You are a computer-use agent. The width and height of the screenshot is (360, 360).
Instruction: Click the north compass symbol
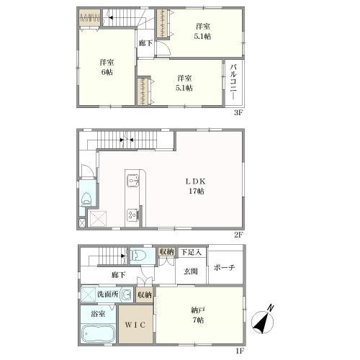(x=263, y=321)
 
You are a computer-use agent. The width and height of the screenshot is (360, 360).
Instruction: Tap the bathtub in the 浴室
(x=98, y=333)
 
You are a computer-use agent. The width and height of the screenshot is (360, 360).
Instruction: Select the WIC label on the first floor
(x=135, y=325)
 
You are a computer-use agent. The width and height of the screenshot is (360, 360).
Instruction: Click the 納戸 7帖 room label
(x=197, y=315)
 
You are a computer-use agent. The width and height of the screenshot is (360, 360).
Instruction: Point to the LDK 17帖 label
(x=196, y=186)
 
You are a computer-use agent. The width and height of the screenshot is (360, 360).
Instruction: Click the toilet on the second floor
(x=86, y=198)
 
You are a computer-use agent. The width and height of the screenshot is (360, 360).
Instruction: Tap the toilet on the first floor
(x=136, y=255)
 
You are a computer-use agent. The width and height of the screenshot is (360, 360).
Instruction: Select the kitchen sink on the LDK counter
(x=132, y=180)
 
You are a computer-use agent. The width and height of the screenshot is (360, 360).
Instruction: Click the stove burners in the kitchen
(x=132, y=215)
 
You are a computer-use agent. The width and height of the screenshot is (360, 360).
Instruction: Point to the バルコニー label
(x=234, y=81)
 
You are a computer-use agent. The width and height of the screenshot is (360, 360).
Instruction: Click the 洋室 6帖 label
(x=107, y=67)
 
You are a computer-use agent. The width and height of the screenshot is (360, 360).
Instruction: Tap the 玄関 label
(x=191, y=271)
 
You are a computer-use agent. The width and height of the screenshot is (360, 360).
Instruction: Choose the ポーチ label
(x=224, y=267)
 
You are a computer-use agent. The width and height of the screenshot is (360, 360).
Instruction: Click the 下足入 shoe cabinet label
(x=191, y=252)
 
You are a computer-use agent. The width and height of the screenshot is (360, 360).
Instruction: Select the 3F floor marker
(x=238, y=112)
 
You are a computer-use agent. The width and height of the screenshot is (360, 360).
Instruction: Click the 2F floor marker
(x=238, y=235)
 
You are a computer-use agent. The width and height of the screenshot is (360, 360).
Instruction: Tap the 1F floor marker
(x=239, y=351)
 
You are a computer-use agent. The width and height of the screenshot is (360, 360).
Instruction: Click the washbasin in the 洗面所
(x=127, y=294)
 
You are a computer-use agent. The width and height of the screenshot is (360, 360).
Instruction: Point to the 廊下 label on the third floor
(x=145, y=43)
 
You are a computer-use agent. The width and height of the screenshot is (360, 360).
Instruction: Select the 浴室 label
(x=98, y=313)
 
